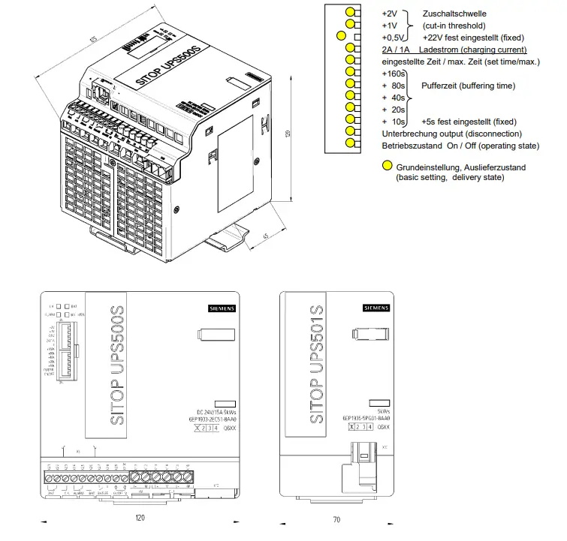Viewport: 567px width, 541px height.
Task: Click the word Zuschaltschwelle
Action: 455,14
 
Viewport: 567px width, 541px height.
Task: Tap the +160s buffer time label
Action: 394,74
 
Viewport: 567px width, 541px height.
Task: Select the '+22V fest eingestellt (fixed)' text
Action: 473,37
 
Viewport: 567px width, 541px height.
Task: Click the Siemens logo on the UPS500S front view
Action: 222,308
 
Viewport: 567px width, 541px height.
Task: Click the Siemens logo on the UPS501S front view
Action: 376,308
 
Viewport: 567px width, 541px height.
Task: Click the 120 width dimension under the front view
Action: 140,518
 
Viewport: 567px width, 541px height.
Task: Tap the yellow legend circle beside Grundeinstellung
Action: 388,167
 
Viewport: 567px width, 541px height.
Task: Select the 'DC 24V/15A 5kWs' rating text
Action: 211,411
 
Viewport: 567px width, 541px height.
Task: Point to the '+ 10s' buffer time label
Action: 394,121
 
